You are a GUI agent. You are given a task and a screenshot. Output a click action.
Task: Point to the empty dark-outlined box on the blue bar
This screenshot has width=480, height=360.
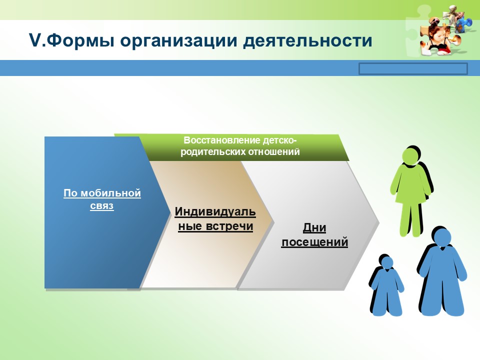[x=413, y=68]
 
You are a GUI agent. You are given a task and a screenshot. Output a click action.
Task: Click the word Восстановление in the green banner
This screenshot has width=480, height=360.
[x=218, y=140]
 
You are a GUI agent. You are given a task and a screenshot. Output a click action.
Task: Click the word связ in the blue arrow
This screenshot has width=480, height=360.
[x=102, y=205]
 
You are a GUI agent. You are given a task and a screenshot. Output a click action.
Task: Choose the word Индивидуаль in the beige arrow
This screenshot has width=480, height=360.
[x=215, y=211]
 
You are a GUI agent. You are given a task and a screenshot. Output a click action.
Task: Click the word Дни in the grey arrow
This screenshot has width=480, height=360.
[x=314, y=228]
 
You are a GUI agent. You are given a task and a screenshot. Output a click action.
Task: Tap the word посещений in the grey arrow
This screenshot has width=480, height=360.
[x=314, y=242]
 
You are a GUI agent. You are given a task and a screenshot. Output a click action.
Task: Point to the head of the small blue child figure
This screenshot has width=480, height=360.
[x=386, y=263]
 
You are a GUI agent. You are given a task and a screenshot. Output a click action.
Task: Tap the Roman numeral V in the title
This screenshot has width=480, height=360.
[x=35, y=40]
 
